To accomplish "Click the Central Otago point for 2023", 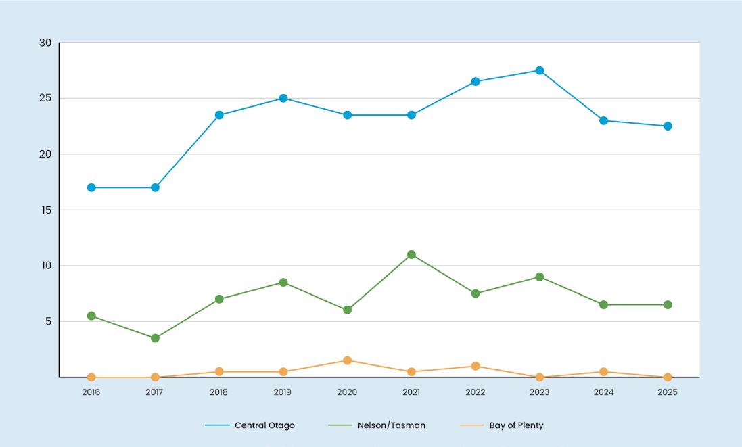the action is click(540, 70).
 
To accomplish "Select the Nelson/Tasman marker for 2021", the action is click(411, 254).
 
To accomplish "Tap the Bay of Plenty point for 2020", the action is click(348, 360).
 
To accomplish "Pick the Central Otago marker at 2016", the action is click(91, 187).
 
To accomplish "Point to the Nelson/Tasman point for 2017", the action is click(155, 338).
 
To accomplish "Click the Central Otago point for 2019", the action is click(283, 98).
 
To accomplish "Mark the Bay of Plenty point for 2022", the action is click(476, 366).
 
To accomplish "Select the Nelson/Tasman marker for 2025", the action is click(668, 304).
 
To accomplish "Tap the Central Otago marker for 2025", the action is click(668, 126).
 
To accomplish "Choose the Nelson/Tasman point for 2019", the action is click(283, 283).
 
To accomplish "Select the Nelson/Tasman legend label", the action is click(392, 425).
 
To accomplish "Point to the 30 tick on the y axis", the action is click(45, 43).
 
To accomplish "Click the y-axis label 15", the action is click(46, 210).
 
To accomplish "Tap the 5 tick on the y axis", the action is click(48, 322).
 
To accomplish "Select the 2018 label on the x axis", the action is click(218, 392).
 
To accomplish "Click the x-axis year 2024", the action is click(603, 392).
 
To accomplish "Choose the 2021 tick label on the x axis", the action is click(411, 392).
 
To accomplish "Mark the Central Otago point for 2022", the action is click(476, 81).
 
